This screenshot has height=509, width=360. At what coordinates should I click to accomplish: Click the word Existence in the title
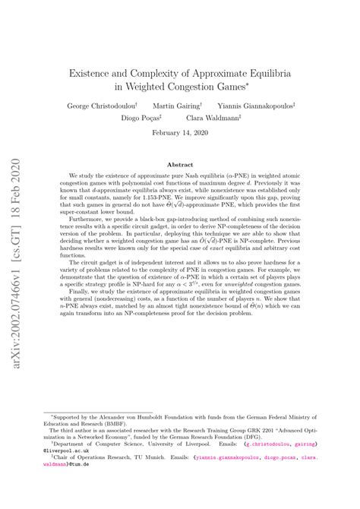point(95,77)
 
